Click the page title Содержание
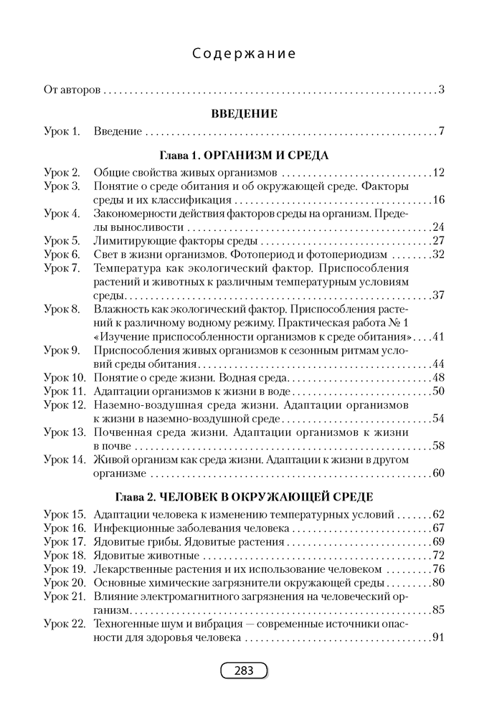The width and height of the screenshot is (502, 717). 245,54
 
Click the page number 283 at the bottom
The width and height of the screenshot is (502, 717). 244,670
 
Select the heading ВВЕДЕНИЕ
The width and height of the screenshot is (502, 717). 245,113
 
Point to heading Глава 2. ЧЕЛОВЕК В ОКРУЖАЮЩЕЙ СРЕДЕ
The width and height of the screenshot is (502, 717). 244,497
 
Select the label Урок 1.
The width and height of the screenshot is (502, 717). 62,131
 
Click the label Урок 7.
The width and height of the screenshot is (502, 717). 62,267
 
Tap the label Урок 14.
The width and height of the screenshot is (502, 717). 65,459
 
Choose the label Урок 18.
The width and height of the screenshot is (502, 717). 65,555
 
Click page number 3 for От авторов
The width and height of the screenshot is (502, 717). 442,90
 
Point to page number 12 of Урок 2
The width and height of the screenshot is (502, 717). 439,172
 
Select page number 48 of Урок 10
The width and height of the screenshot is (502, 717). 439,377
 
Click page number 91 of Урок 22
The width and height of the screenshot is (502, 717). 439,637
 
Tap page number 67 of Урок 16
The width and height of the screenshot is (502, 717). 439,528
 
